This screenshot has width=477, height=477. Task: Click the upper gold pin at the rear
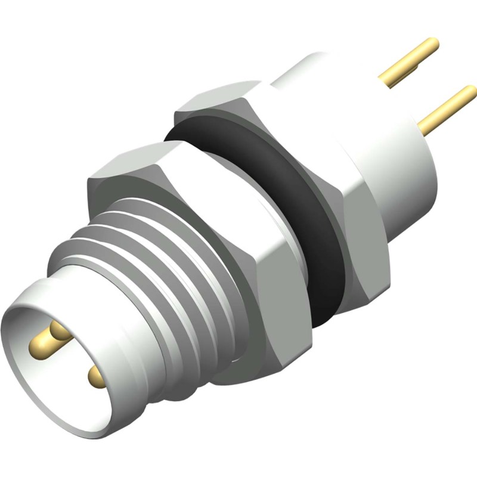click(411, 60)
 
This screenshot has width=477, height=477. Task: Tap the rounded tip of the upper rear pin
click(433, 44)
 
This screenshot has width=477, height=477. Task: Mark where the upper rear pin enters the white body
click(385, 80)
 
